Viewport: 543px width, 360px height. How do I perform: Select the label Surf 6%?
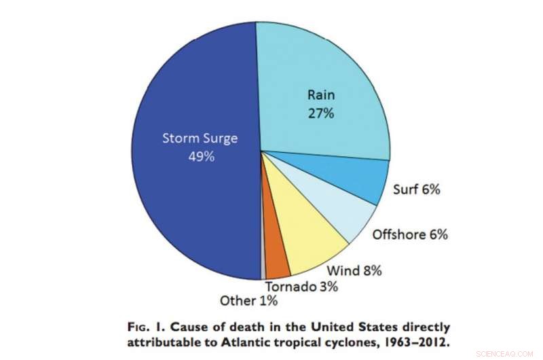416,190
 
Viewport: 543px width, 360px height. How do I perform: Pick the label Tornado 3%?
301,287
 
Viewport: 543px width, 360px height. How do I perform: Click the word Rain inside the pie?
320,96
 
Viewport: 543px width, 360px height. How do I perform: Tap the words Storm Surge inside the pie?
200,139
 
